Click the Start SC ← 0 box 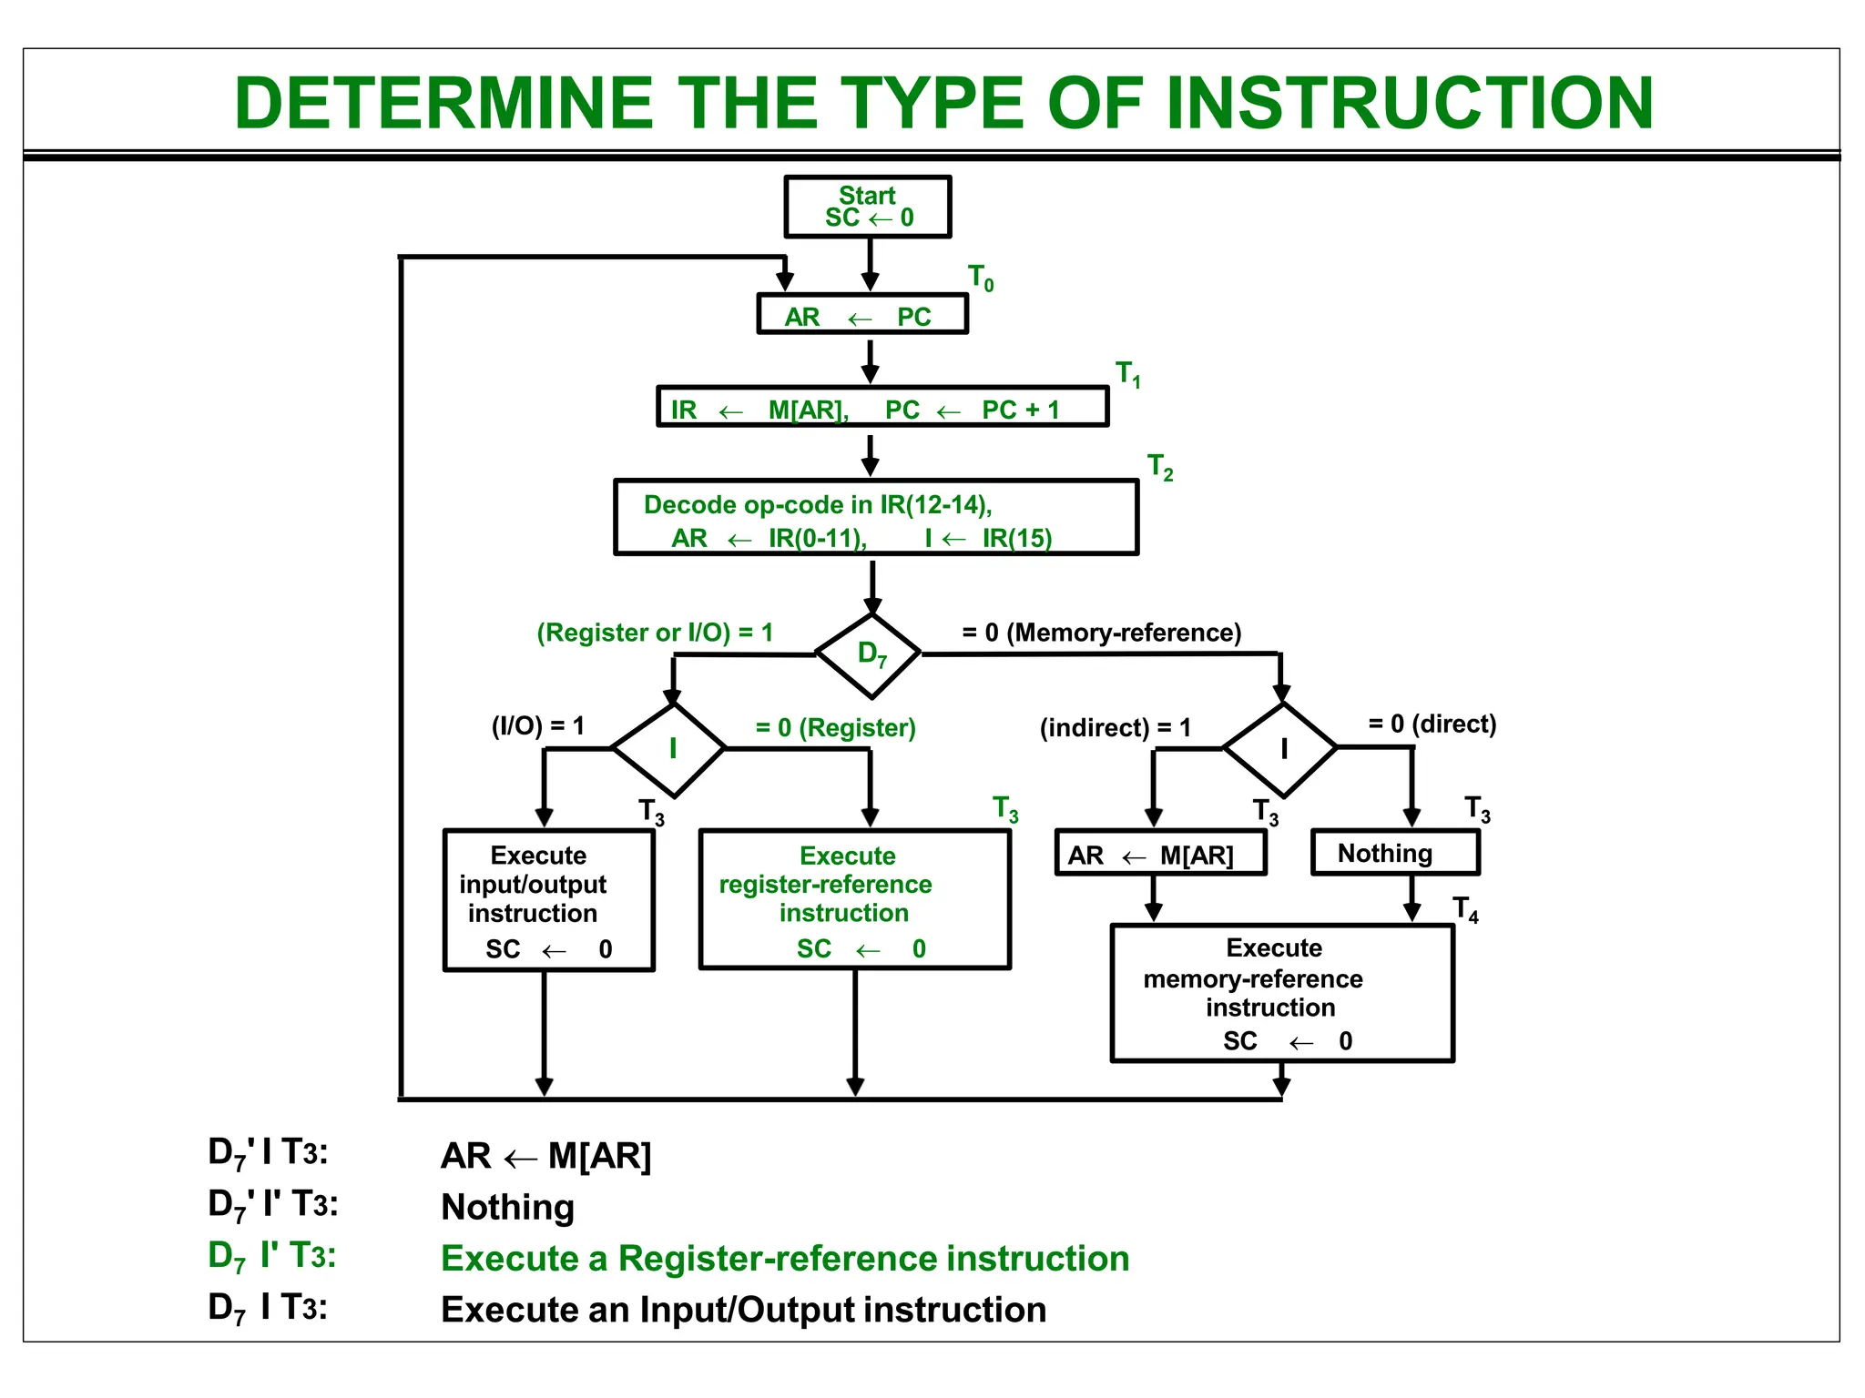[x=867, y=207]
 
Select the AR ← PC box [x=861, y=315]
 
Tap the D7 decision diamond [x=870, y=654]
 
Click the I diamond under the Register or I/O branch [x=671, y=749]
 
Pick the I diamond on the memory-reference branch [x=1281, y=749]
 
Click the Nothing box [x=1394, y=853]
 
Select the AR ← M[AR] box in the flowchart [x=1159, y=854]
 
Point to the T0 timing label [x=980, y=277]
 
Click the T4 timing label [x=1464, y=908]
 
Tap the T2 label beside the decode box [x=1159, y=467]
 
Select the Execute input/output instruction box [x=548, y=899]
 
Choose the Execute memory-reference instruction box [x=1281, y=992]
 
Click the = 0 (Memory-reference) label [x=1101, y=633]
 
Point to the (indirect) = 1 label [x=1115, y=727]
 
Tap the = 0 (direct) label [x=1432, y=724]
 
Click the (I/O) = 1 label [x=537, y=725]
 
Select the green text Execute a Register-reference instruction [x=784, y=1258]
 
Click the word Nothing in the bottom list [x=507, y=1207]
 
